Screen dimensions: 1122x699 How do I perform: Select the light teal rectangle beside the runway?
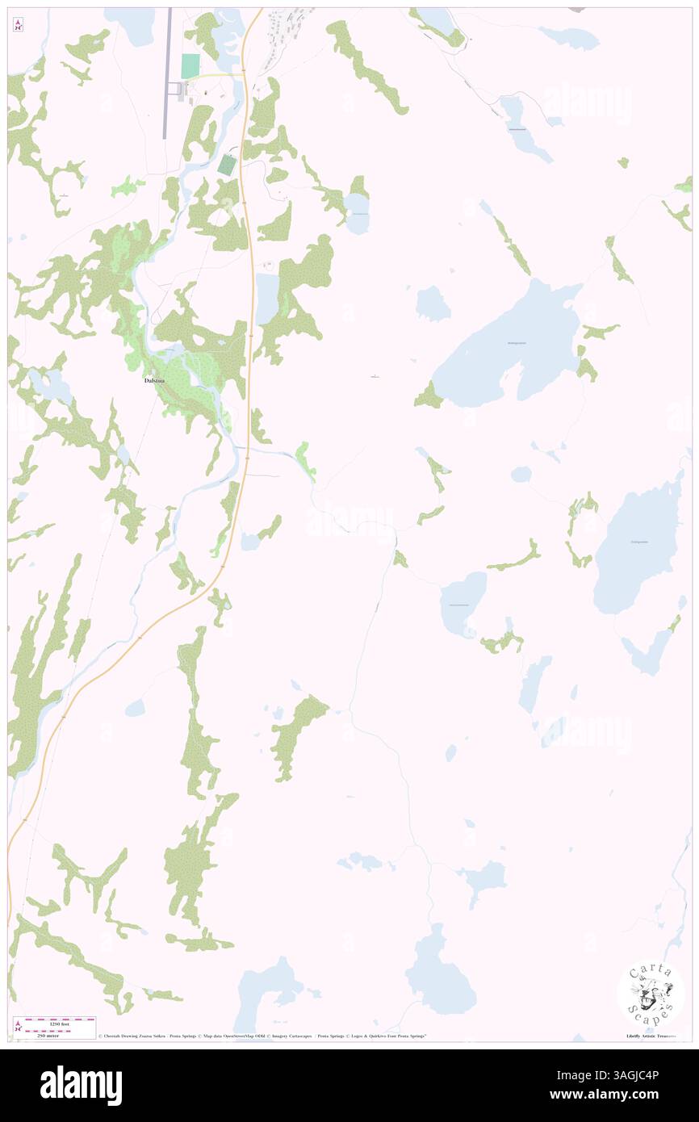[x=190, y=66]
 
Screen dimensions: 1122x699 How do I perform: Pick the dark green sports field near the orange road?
[x=227, y=165]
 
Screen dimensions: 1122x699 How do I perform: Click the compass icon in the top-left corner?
[x=17, y=25]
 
